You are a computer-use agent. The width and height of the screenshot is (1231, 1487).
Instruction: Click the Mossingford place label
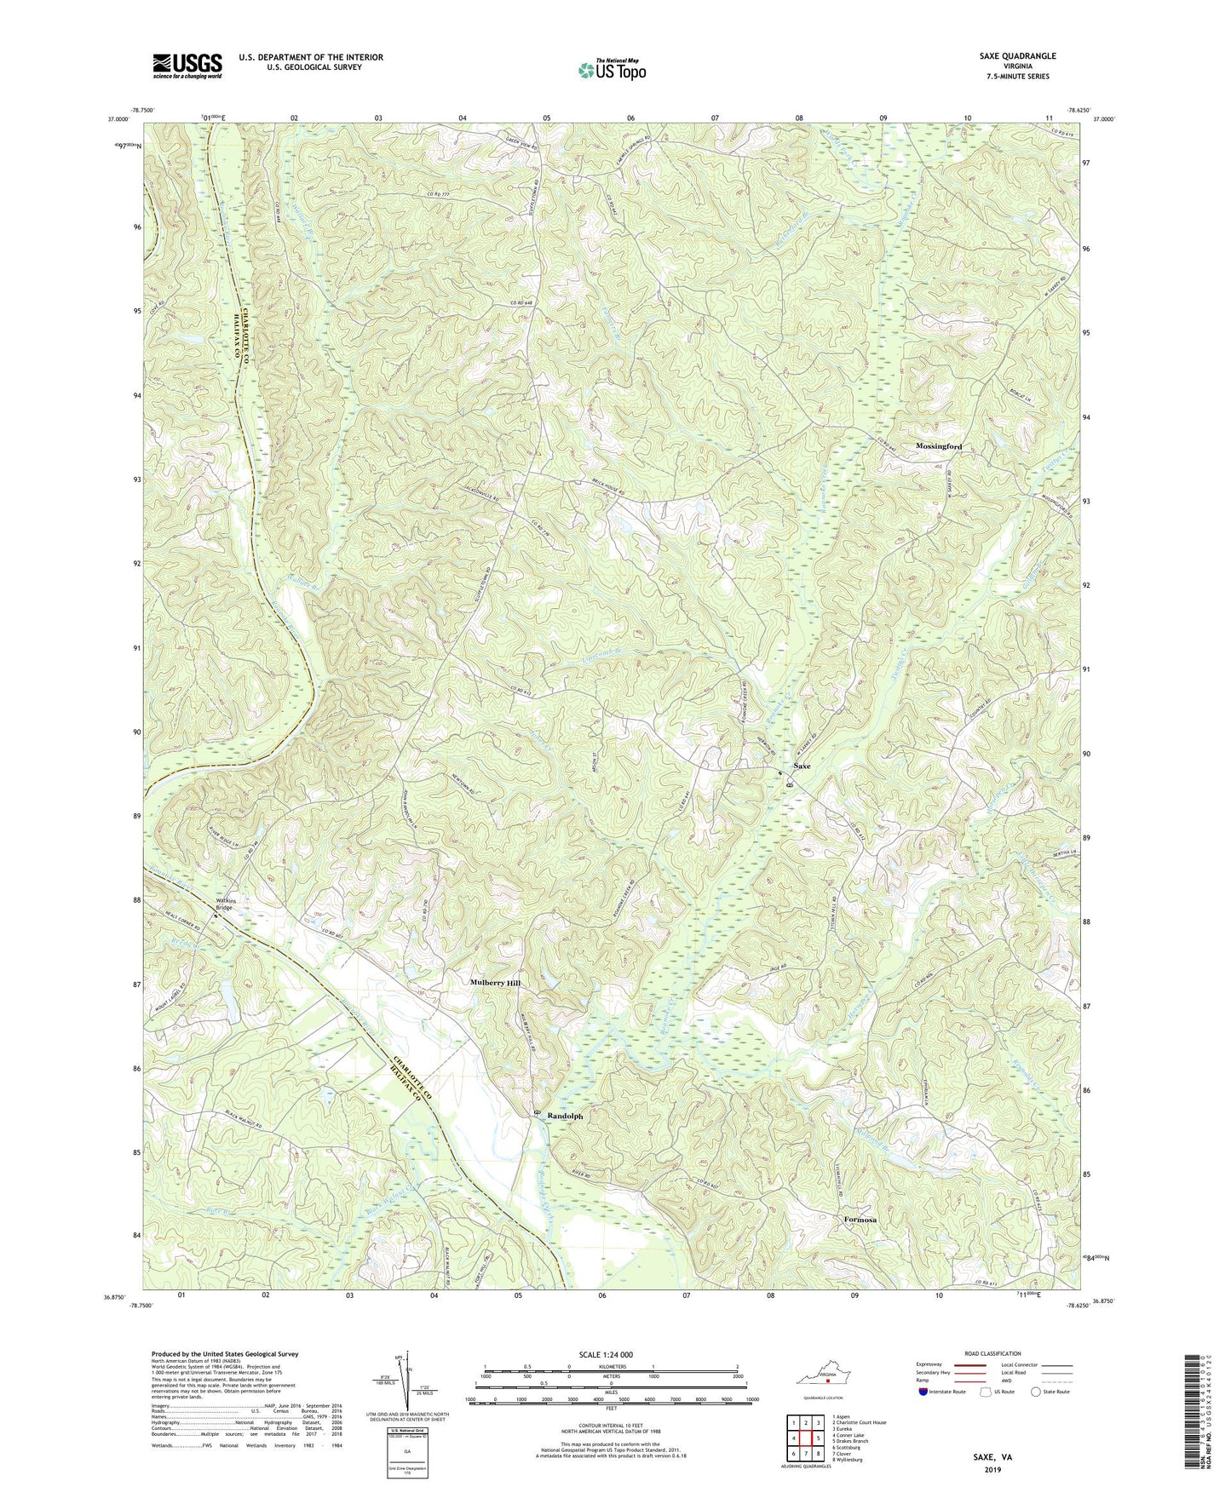pyautogui.click(x=938, y=446)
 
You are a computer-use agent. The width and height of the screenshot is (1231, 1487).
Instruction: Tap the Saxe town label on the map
pyautogui.click(x=802, y=766)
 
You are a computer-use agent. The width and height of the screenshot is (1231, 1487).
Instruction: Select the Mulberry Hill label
pyautogui.click(x=495, y=983)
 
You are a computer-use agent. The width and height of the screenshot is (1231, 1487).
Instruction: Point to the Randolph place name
pyautogui.click(x=565, y=1116)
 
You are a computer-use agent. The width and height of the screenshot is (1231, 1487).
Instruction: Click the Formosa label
pyautogui.click(x=860, y=1220)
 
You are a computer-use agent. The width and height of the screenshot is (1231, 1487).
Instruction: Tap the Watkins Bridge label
pyautogui.click(x=223, y=904)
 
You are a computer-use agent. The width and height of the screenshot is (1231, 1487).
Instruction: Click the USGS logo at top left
pyautogui.click(x=187, y=66)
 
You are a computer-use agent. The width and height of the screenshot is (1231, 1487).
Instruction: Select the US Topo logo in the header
pyautogui.click(x=611, y=70)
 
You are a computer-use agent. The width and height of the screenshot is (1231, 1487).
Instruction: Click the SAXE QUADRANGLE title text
pyautogui.click(x=1017, y=56)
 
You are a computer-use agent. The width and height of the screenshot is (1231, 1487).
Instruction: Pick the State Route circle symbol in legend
pyautogui.click(x=1036, y=1392)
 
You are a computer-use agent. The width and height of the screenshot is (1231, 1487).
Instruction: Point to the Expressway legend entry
pyautogui.click(x=935, y=1364)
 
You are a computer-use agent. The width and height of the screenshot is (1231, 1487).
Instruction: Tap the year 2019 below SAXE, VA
pyautogui.click(x=992, y=1469)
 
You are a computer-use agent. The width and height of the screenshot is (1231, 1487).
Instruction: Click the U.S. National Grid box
pyautogui.click(x=406, y=1447)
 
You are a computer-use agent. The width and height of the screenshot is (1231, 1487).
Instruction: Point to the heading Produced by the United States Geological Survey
pyautogui.click(x=225, y=1354)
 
